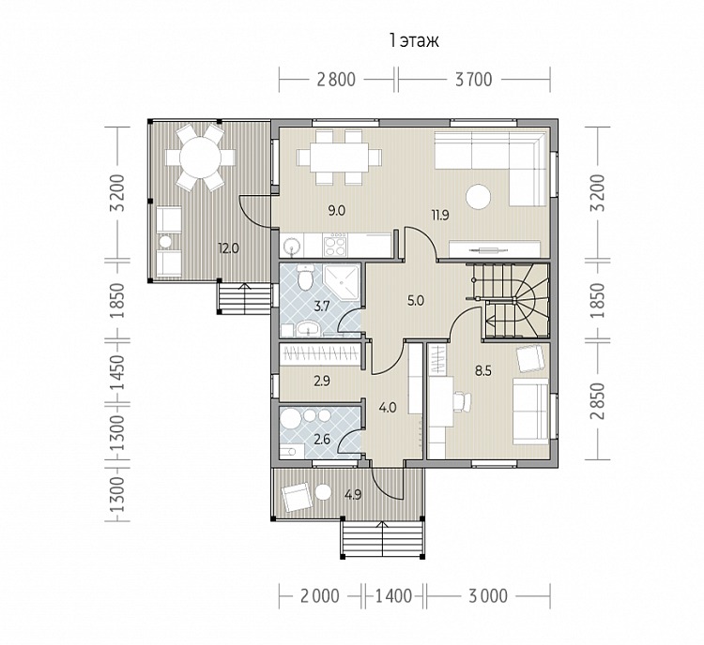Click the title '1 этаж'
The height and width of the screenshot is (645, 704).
click(414, 41)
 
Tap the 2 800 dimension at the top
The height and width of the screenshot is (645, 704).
click(336, 80)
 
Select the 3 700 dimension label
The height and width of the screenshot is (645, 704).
click(474, 80)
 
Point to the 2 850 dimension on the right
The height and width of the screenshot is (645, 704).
click(598, 400)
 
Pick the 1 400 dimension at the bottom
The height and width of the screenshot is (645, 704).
click(393, 596)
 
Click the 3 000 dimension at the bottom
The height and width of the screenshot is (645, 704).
click(488, 596)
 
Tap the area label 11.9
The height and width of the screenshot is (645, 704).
click(440, 216)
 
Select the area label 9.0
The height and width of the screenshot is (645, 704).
click(336, 210)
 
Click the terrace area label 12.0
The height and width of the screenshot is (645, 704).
click(228, 248)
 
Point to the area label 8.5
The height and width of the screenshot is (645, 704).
click(483, 371)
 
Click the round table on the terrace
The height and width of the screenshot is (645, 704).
click(200, 157)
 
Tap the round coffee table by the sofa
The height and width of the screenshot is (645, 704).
click(479, 197)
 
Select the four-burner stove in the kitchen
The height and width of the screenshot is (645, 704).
click(335, 245)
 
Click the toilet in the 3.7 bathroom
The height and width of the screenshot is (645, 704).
click(306, 278)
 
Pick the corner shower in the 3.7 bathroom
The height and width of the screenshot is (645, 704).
click(342, 282)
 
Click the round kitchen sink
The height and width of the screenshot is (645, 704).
click(292, 246)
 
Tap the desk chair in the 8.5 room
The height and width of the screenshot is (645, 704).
click(463, 401)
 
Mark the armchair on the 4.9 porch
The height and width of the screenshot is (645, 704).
click(296, 497)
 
